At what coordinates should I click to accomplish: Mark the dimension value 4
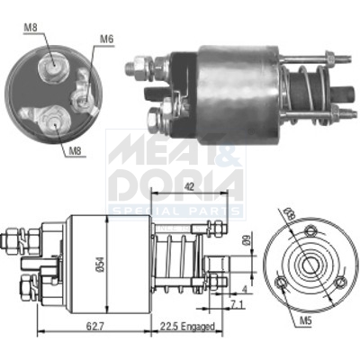point(246,289)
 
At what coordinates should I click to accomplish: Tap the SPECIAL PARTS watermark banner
point(176,211)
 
